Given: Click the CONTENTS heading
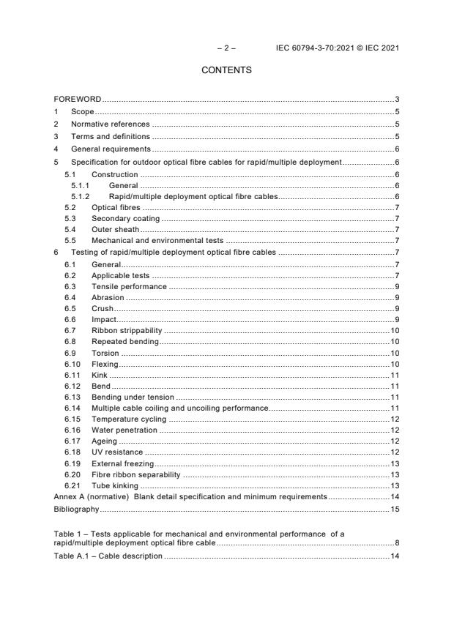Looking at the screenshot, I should (226, 70).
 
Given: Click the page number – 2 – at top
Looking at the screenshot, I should (226, 49).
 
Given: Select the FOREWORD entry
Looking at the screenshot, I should (78, 99).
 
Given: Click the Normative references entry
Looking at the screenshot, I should (110, 124).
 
